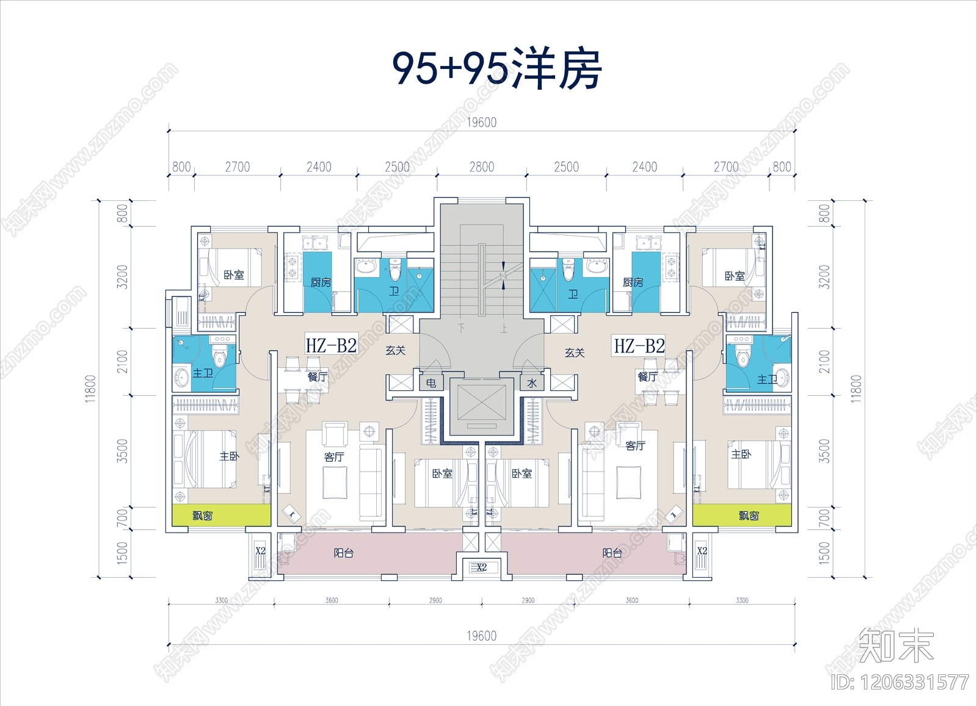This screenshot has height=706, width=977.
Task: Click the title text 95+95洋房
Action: [x=496, y=69]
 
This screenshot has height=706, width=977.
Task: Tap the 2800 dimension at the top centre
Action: [x=481, y=167]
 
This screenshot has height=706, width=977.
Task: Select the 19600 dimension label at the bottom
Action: [x=481, y=636]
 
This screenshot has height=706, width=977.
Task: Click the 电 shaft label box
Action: [x=431, y=383]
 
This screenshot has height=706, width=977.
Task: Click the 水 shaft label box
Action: [x=532, y=383]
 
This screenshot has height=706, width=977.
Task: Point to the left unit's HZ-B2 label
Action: [x=331, y=346]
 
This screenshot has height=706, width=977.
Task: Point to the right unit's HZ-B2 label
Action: [x=639, y=346]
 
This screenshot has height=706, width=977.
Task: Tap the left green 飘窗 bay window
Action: [x=221, y=515]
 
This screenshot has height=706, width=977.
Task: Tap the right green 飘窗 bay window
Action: [x=742, y=515]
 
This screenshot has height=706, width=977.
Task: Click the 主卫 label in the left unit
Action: [x=202, y=373]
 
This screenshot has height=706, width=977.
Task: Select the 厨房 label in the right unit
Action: [x=633, y=282]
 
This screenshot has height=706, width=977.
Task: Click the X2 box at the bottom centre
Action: [x=481, y=567]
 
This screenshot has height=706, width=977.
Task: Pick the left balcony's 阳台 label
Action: [x=344, y=553]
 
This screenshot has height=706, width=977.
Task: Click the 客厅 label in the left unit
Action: [x=334, y=456]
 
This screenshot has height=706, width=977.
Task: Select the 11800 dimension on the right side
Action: [x=856, y=388]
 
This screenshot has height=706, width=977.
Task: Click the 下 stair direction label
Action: [x=462, y=328]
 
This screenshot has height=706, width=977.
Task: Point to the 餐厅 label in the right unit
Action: [x=647, y=377]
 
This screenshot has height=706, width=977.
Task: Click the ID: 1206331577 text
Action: [x=899, y=682]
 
